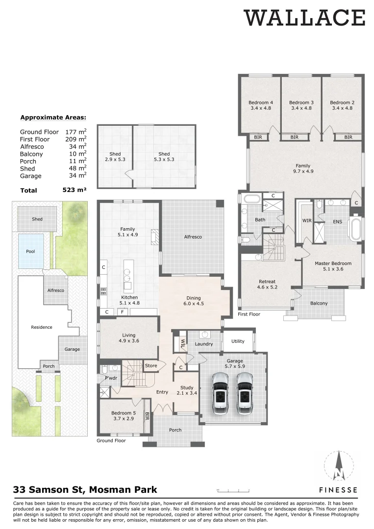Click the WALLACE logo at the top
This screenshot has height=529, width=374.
305,18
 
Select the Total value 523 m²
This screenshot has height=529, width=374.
75,190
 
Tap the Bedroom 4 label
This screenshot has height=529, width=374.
261,105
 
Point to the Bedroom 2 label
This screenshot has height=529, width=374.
342,105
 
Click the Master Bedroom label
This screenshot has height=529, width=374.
333,266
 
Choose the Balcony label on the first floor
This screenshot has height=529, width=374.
319,303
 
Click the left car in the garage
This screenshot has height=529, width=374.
220,393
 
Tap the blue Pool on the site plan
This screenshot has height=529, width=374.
30,251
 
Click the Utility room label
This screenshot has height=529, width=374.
238,341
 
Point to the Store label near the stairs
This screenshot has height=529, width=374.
150,365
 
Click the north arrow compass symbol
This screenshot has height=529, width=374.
338,467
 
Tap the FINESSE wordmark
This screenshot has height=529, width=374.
338,490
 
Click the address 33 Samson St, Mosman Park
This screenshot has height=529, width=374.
85,489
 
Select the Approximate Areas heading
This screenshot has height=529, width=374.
53,118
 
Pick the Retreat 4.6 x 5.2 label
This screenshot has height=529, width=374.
268,284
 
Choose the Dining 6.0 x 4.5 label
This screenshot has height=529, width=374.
194,300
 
